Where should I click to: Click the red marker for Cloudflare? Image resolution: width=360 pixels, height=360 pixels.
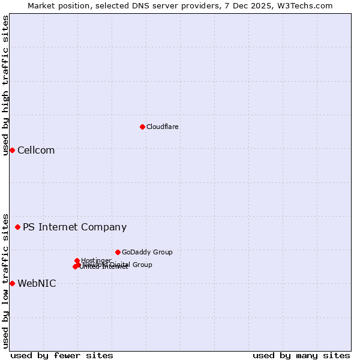click(x=142, y=127)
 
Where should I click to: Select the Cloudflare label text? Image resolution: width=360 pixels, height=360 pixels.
click(x=163, y=127)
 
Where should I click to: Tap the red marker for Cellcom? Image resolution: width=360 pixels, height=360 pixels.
click(x=12, y=150)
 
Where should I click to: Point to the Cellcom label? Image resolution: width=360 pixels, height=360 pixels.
click(x=36, y=150)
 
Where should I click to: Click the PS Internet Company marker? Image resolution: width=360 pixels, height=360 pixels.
click(x=17, y=227)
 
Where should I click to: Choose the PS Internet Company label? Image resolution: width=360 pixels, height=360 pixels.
click(x=74, y=227)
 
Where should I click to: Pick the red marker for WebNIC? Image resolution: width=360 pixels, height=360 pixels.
click(x=12, y=283)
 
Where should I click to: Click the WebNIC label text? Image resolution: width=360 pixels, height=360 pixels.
click(x=37, y=283)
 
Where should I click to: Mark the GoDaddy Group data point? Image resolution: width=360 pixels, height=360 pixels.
click(x=118, y=252)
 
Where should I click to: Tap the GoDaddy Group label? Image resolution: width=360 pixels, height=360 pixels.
click(x=147, y=252)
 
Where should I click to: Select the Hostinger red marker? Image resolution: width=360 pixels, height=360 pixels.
click(x=77, y=260)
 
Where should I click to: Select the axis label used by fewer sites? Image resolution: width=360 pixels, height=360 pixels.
click(x=62, y=355)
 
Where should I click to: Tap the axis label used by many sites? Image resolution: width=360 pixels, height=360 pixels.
click(x=301, y=355)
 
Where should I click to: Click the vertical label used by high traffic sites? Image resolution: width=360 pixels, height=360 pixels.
click(x=5, y=85)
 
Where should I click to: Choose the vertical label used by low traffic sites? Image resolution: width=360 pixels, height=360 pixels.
click(x=5, y=280)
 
